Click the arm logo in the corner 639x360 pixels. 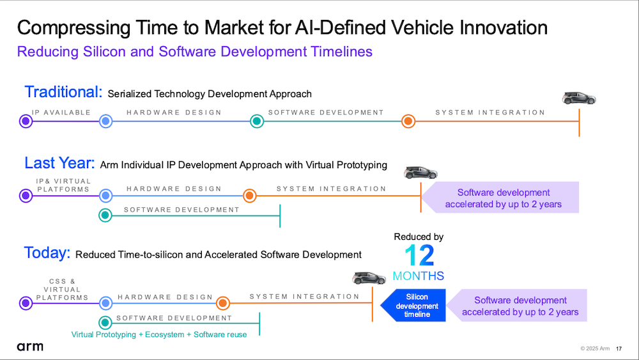click(x=30, y=347)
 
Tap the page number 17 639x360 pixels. click(x=619, y=348)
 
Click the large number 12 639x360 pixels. click(x=419, y=256)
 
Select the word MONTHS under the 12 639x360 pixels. click(x=418, y=276)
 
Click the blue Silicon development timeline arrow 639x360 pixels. click(x=413, y=306)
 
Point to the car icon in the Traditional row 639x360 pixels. click(x=579, y=98)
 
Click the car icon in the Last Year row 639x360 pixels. click(x=420, y=173)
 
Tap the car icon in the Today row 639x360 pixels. click(x=369, y=278)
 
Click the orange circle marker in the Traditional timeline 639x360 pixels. click(x=408, y=121)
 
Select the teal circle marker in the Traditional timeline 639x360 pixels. click(x=257, y=121)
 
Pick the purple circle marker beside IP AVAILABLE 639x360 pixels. click(x=26, y=121)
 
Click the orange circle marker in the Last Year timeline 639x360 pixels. click(x=249, y=196)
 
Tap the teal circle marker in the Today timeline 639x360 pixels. click(x=105, y=322)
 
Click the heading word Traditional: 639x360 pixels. click(x=63, y=91)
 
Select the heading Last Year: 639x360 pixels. click(x=59, y=163)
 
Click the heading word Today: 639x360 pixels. click(x=47, y=253)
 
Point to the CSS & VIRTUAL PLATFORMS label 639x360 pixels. click(x=62, y=290)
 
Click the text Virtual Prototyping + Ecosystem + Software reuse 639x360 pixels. click(x=159, y=334)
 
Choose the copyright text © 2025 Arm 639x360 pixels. click(x=595, y=348)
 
